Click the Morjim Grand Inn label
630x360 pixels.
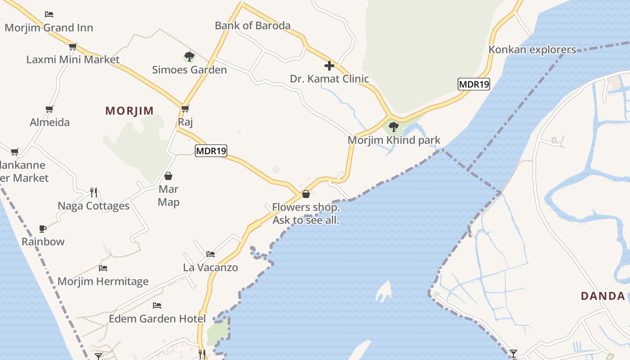tap(49, 28)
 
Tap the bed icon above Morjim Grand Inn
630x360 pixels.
tap(49, 14)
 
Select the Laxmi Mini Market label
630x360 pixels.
tap(73, 59)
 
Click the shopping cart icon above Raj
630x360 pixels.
tap(185, 108)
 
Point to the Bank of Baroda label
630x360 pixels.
tap(252, 26)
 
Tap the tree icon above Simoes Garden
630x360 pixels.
tap(189, 57)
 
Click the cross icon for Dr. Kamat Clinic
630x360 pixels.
tap(329, 66)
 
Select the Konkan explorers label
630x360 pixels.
tap(532, 49)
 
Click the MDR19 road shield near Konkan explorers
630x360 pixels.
tap(474, 84)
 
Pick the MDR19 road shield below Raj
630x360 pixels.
tap(211, 151)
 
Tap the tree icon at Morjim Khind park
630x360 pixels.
tap(394, 127)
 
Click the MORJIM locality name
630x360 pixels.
tap(130, 111)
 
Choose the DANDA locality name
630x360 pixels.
tap(603, 296)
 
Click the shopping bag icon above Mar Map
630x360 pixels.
tap(168, 176)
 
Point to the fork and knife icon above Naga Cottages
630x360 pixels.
tap(94, 193)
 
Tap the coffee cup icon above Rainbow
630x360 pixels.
tap(43, 229)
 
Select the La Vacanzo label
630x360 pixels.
tap(211, 268)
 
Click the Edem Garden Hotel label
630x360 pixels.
tap(157, 319)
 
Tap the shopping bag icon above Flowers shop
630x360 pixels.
tap(306, 194)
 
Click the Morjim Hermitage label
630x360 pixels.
tap(103, 282)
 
